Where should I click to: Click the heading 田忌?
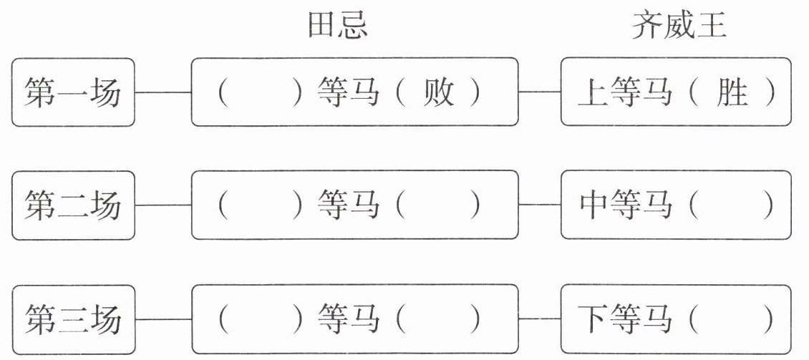point(338,26)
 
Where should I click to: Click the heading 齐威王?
point(679,26)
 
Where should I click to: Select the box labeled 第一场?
point(73,92)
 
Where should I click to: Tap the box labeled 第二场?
point(73,205)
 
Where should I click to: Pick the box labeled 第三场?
point(73,319)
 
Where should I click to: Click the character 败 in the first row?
point(438,93)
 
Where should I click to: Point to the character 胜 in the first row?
point(732,93)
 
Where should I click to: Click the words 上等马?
point(625,93)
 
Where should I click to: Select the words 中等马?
point(625,205)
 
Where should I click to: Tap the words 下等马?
point(625,319)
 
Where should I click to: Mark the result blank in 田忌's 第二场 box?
point(438,205)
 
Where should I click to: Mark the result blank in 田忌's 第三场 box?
point(438,319)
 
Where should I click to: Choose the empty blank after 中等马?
point(732,205)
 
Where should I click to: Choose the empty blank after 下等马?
point(732,319)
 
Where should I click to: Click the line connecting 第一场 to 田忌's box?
point(163,92)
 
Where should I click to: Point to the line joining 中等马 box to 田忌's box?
point(539,205)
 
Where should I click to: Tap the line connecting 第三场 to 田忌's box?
point(163,319)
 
